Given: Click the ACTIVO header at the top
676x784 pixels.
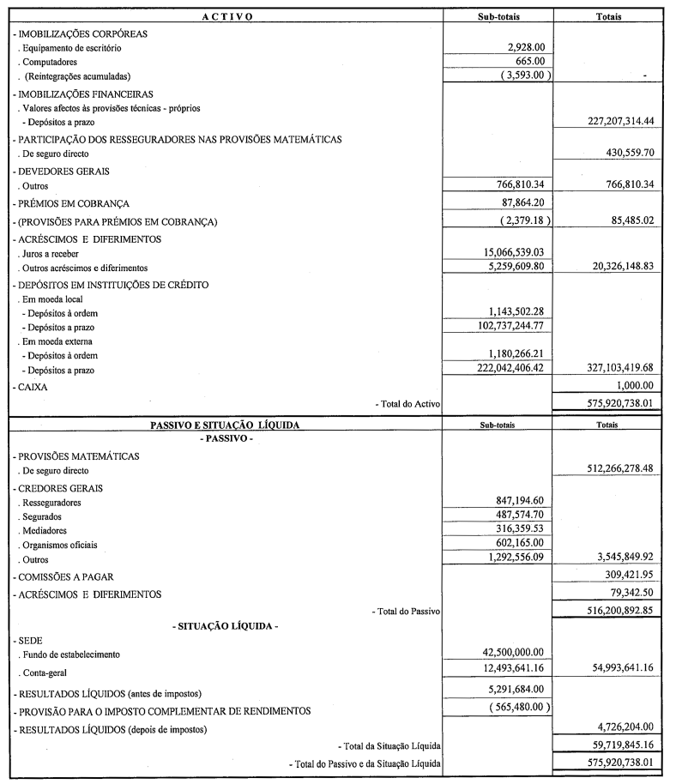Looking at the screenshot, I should (226, 16).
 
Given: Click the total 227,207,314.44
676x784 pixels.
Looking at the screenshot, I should (607, 122).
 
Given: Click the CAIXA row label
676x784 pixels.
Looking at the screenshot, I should (32, 387).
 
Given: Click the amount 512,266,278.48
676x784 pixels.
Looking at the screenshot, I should (607, 470).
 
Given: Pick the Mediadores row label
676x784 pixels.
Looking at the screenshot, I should (47, 530).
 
